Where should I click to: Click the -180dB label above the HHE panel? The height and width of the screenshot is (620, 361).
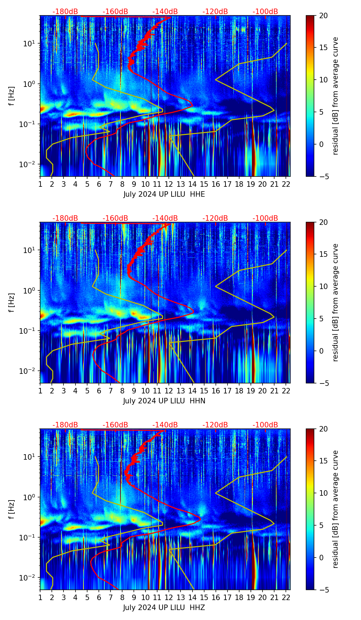pos(65,12)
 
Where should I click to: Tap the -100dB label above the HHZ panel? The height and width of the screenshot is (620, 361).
pos(265,425)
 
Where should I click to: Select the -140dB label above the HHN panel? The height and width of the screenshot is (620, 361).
pos(165,218)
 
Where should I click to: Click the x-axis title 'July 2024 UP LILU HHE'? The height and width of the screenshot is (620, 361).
pos(164,194)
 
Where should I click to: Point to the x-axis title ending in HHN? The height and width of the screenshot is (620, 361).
pos(164,401)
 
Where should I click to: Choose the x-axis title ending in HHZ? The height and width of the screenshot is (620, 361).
pos(164,608)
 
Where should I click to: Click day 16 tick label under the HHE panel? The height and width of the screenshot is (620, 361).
pos(216,184)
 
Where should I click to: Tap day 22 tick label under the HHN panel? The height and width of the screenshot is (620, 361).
pos(286,391)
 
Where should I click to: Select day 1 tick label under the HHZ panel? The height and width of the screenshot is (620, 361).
pos(40,597)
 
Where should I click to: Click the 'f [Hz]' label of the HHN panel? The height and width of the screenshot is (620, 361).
pos(12,302)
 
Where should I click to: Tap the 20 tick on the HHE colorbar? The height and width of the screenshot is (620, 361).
pos(324,16)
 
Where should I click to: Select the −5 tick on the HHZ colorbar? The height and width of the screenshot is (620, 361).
pos(324,590)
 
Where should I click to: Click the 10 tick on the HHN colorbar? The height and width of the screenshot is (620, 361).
pos(324,286)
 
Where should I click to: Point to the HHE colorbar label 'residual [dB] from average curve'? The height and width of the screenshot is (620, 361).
pos(336,96)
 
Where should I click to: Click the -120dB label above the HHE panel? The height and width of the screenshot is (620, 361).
pos(215,12)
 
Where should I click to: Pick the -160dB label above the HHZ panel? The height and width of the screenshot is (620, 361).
pos(115,425)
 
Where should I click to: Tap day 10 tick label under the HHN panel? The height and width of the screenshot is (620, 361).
pos(145,391)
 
